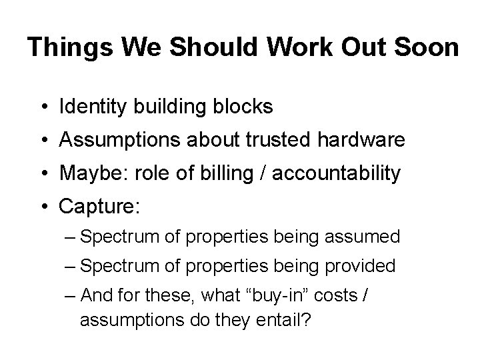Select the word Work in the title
[x=293, y=48]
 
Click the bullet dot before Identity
[x=43, y=107]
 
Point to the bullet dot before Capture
[x=43, y=207]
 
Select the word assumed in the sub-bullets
[x=367, y=237]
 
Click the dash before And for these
[x=71, y=296]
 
